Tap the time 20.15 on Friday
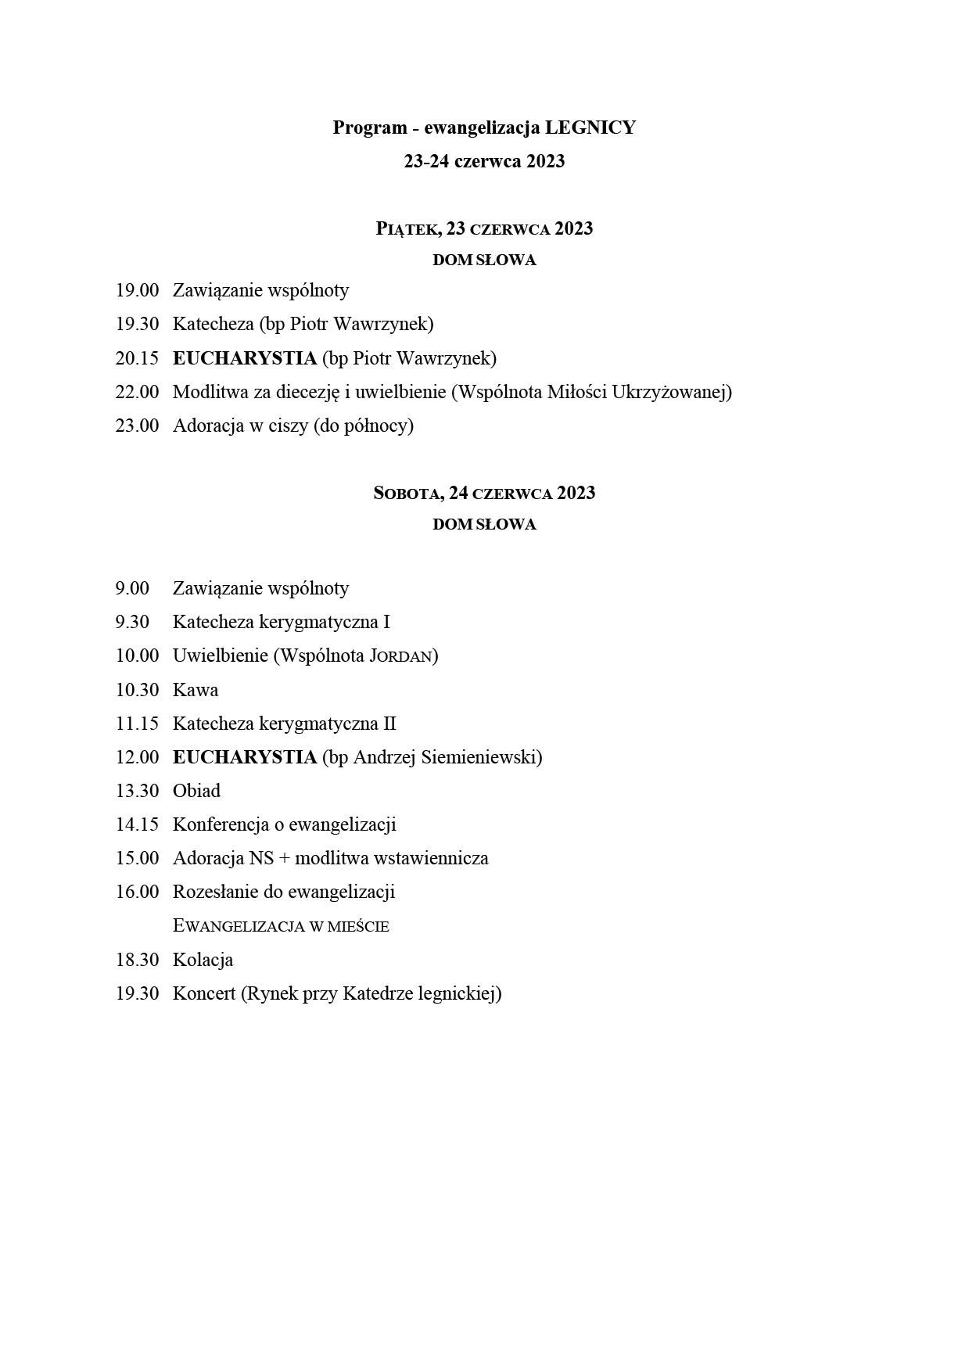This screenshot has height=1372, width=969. [137, 358]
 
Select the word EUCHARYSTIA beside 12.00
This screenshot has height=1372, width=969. [244, 757]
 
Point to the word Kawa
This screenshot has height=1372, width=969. [196, 690]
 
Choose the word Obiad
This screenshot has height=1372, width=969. [196, 791]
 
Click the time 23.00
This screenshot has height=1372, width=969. [137, 426]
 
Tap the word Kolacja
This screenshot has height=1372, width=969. [203, 960]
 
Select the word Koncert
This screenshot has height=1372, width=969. [204, 993]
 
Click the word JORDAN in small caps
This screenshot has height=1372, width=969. [401, 655]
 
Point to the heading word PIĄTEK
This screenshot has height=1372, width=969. [407, 228]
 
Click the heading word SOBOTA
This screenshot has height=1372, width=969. [407, 493]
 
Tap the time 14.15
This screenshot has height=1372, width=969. [137, 824]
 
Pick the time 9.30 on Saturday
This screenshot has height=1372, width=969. [132, 622]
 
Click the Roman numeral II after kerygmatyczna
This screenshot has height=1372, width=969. [389, 724]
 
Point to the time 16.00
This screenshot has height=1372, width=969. [137, 892]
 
